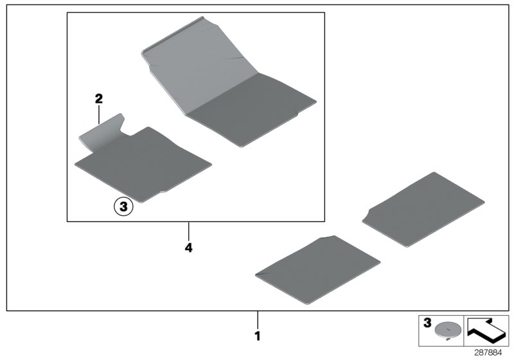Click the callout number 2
[99, 98]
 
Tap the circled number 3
[123, 207]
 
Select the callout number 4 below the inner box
[188, 248]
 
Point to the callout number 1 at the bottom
[258, 336]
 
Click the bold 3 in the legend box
[427, 323]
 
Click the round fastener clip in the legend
[447, 330]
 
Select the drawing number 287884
[488, 353]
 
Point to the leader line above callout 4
[188, 231]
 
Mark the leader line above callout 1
[258, 320]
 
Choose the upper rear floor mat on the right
[423, 210]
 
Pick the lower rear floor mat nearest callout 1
[317, 270]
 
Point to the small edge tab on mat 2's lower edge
[164, 192]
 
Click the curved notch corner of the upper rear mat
[366, 217]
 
